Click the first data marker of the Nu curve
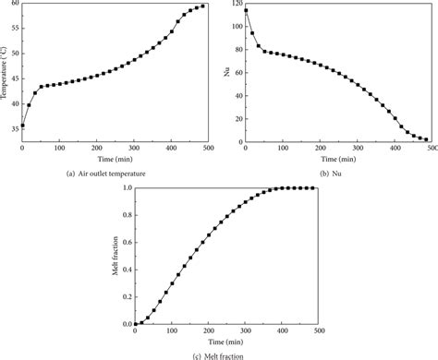pyautogui.click(x=246, y=11)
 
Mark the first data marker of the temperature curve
pyautogui.click(x=23, y=126)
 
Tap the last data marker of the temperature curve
pyautogui.click(x=203, y=6)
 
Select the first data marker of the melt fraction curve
pyautogui.click(x=136, y=324)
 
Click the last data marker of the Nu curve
pyautogui.click(x=427, y=139)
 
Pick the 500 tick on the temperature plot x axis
pyautogui.click(x=209, y=150)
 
